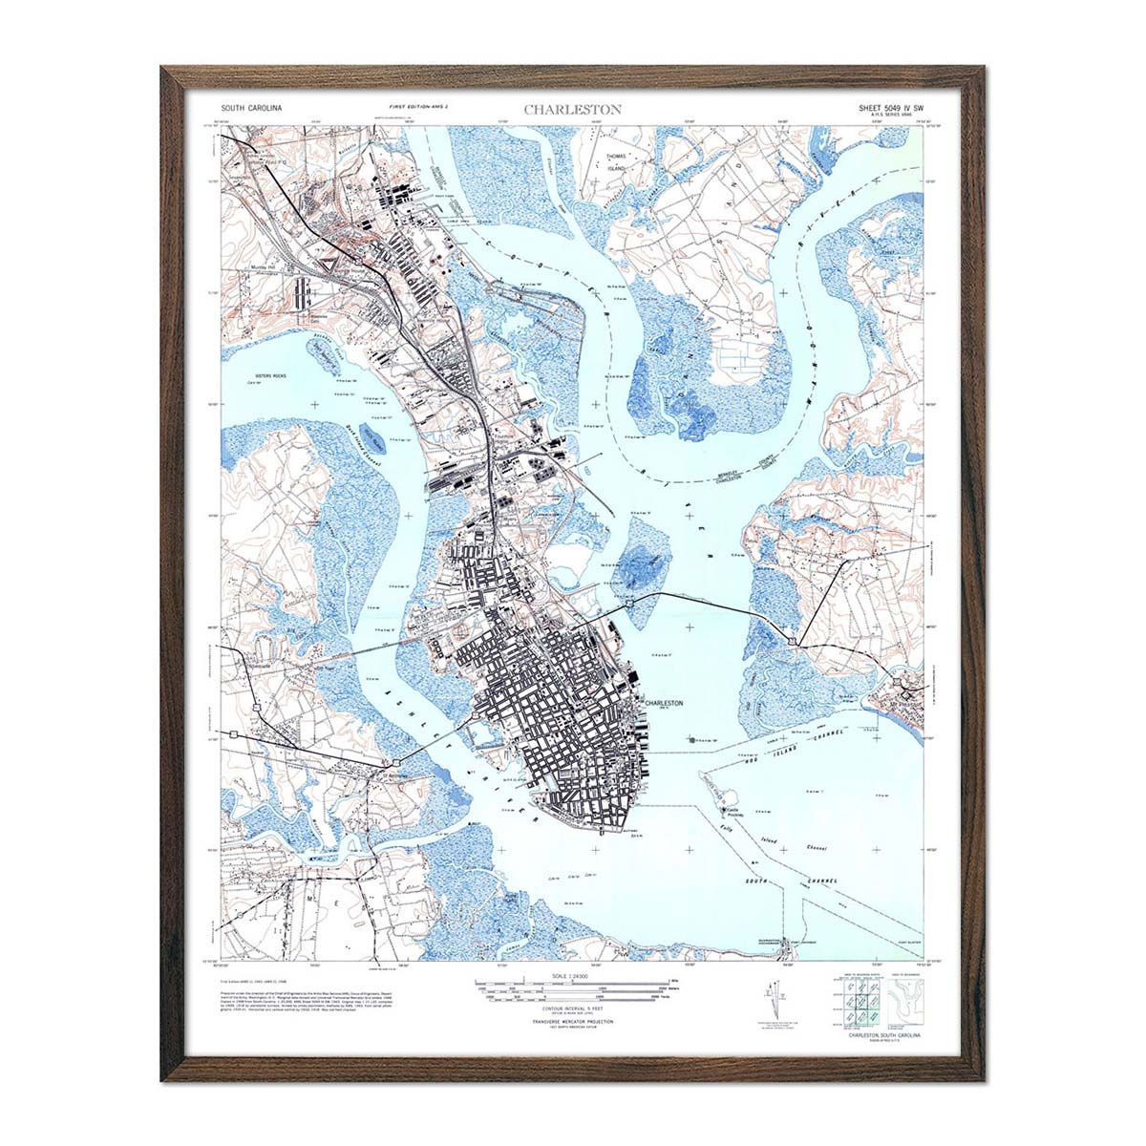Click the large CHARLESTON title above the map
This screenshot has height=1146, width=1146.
(x=572, y=109)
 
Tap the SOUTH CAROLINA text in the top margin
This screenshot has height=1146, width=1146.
(x=251, y=110)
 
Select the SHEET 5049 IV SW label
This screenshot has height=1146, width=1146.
(x=884, y=108)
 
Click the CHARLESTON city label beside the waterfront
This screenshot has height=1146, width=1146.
(x=665, y=702)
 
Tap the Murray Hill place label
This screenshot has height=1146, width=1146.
(x=262, y=267)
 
